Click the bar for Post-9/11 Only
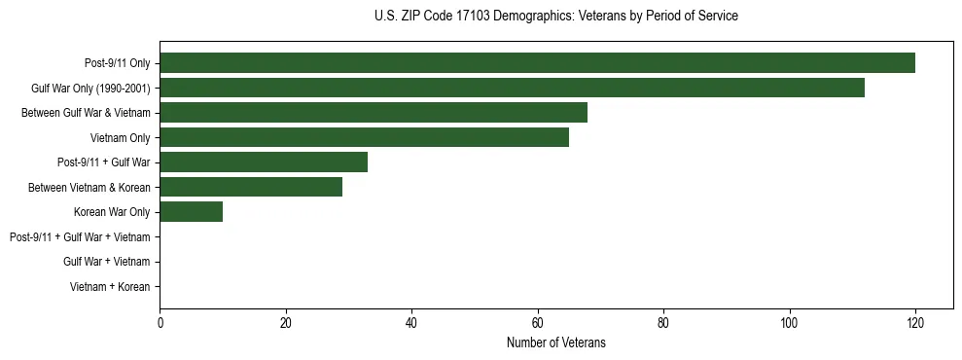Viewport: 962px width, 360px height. coord(537,63)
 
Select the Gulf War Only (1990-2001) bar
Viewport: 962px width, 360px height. coord(512,88)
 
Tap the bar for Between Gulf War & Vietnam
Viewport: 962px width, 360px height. coord(374,113)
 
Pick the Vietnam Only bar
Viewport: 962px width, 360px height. coord(364,137)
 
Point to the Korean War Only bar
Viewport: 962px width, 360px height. coord(191,212)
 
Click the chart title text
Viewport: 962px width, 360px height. coord(555,17)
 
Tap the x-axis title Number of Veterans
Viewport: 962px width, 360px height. coord(555,342)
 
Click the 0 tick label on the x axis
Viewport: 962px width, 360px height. coord(160,324)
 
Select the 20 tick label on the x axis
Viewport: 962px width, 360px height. coord(286,324)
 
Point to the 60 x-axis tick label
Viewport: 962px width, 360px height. coord(538,324)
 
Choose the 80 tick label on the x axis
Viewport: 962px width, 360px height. coord(663,324)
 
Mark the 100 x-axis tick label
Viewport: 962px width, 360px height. coord(789,324)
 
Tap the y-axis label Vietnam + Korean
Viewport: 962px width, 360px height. coord(110,287)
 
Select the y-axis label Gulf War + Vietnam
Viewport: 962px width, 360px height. coord(107,262)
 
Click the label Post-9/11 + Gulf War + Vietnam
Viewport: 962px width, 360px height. coord(80,237)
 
